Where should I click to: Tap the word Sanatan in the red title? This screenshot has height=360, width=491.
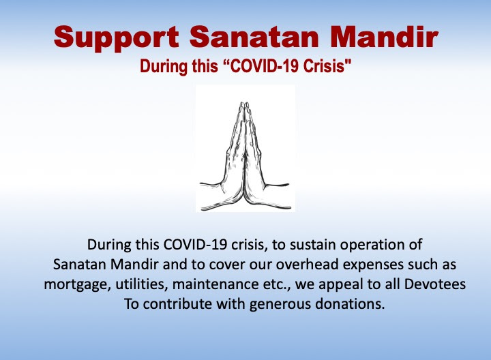click(x=254, y=37)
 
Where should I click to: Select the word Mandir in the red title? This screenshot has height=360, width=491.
click(x=384, y=37)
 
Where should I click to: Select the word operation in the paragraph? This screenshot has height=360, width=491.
click(x=376, y=245)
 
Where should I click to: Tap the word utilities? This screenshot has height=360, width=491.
click(x=142, y=284)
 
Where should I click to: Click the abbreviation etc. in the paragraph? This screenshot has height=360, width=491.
click(x=270, y=285)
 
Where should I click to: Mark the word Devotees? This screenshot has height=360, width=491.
click(x=435, y=284)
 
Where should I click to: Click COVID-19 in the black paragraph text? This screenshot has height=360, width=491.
click(x=195, y=245)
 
